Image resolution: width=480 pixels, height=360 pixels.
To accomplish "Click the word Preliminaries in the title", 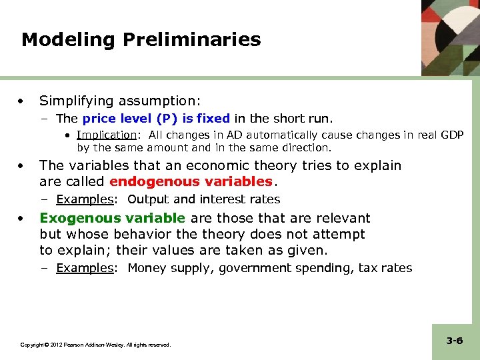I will tap(192, 40).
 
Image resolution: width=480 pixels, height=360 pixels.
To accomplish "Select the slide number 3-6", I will tap(455, 341).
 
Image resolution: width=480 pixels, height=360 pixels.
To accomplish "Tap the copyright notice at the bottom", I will tap(95, 345).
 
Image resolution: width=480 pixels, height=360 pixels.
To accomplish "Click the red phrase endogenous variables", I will tap(191, 181).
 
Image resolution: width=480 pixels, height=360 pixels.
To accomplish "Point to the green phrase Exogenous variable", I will tap(112, 218).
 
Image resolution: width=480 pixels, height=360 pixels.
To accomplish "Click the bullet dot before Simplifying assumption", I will tap(23, 101).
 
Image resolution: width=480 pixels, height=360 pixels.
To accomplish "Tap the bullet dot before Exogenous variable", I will tap(23, 218).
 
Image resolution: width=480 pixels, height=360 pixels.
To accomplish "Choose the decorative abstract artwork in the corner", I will tap(450, 37).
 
